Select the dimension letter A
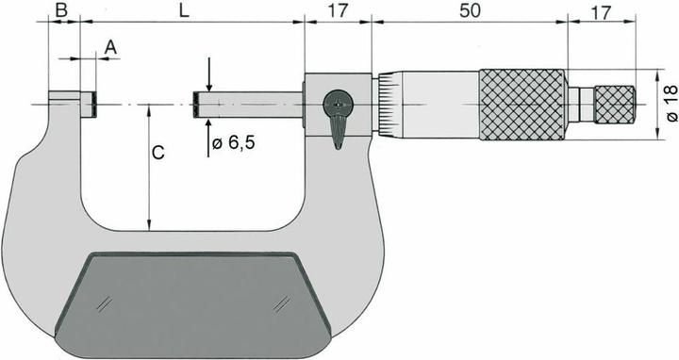(110, 46)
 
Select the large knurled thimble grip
(522, 104)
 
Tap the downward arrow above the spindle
(210, 74)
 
